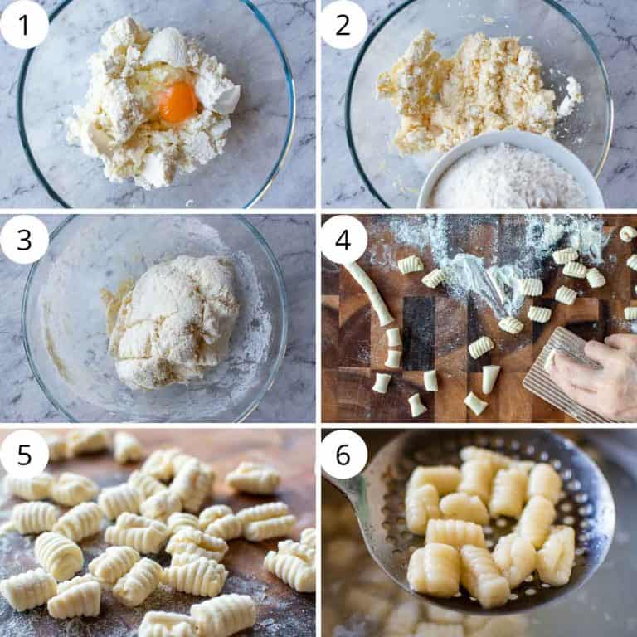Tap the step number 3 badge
click(24, 240)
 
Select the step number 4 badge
click(343, 240)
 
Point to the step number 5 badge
click(24, 454)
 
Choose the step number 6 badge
click(343, 454)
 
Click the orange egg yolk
click(178, 101)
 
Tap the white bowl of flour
click(508, 175)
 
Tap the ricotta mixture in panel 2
click(464, 91)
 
